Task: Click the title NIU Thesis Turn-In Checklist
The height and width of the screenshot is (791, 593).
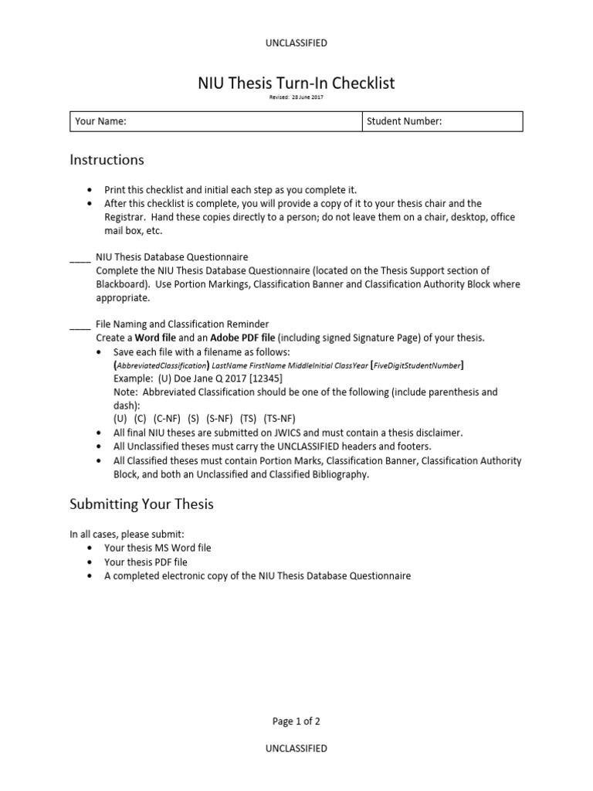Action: click(296, 83)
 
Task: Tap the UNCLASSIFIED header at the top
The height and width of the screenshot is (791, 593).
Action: click(296, 43)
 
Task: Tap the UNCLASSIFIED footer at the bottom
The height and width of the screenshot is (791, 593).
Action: click(296, 748)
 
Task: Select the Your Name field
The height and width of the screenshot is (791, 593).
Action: click(215, 121)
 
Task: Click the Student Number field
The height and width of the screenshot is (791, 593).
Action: click(442, 121)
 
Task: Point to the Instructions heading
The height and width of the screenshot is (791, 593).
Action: click(107, 160)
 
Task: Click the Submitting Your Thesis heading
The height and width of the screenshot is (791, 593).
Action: click(141, 504)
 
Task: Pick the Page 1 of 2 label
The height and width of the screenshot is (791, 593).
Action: click(296, 721)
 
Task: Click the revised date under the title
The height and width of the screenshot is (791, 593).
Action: click(296, 97)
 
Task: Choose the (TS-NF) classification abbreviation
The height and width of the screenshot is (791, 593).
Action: click(280, 419)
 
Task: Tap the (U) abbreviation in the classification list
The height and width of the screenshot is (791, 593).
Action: click(120, 419)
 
